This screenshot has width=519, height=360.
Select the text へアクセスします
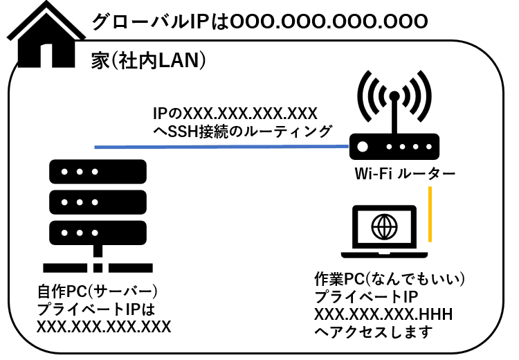tap(373, 332)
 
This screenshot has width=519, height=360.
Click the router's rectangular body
tap(391, 147)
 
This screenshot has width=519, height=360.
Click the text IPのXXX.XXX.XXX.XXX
tap(235, 112)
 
